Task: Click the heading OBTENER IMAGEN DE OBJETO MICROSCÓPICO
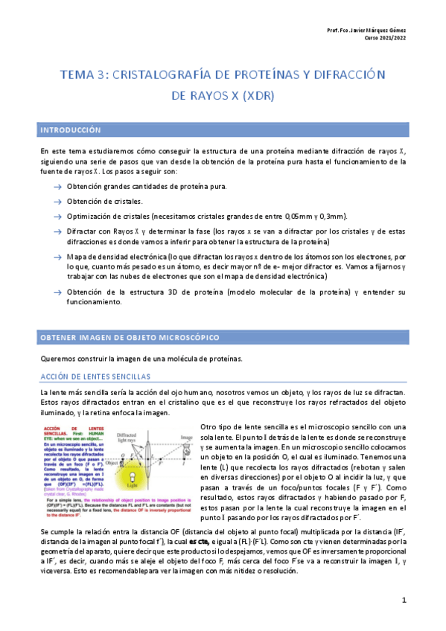pyautogui.click(x=130, y=339)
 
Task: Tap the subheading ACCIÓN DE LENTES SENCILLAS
pyautogui.click(x=95, y=377)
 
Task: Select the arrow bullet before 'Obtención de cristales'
pyautogui.click(x=57, y=202)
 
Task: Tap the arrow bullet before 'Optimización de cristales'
pyautogui.click(x=57, y=217)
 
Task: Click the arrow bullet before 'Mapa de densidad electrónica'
pyautogui.click(x=57, y=255)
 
